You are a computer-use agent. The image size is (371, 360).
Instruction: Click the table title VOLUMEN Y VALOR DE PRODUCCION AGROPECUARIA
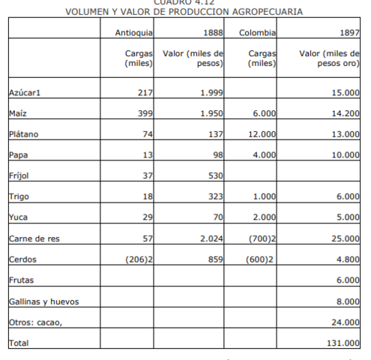(x=184, y=12)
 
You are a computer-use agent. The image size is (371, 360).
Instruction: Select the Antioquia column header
(x=134, y=34)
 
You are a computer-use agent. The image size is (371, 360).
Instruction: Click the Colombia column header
(x=258, y=34)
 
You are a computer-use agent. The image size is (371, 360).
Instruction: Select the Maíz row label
(x=19, y=113)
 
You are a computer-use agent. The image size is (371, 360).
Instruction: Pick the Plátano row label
(x=24, y=134)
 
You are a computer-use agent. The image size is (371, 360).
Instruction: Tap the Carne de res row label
(x=34, y=238)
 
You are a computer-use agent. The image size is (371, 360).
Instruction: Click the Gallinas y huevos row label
(x=43, y=301)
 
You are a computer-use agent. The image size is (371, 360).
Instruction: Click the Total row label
(x=19, y=343)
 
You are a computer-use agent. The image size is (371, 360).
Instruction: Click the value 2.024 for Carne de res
(x=213, y=238)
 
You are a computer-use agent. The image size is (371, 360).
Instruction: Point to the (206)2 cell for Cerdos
(x=138, y=259)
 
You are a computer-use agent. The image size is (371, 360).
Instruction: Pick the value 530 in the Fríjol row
(x=216, y=176)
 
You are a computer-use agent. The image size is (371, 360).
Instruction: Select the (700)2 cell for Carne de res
(x=262, y=238)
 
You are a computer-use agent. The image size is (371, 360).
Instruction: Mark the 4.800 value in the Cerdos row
(x=349, y=259)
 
